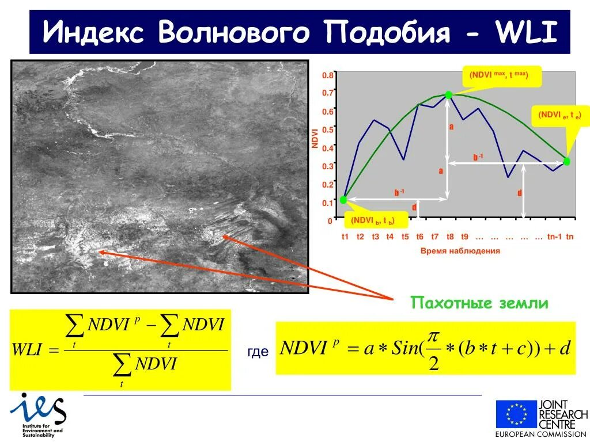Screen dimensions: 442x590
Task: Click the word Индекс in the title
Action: [x=93, y=32]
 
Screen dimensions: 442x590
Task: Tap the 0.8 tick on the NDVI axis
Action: [x=327, y=75]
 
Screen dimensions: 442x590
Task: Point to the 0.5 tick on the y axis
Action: [x=327, y=129]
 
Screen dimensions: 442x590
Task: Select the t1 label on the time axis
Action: [x=345, y=237]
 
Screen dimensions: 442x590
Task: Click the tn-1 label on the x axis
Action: [x=554, y=237]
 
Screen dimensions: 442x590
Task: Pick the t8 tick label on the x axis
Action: [x=450, y=237]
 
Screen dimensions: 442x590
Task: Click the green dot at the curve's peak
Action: [x=449, y=95]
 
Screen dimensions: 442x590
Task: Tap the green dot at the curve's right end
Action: [x=566, y=162]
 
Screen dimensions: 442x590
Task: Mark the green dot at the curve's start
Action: [x=343, y=200]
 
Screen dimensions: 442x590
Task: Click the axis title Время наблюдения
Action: [x=460, y=251]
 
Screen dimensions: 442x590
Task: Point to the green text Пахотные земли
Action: [x=479, y=303]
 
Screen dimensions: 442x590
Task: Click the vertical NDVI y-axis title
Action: [x=315, y=139]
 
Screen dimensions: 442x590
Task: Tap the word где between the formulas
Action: [x=258, y=352]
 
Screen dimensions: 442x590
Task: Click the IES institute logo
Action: [x=38, y=413]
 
